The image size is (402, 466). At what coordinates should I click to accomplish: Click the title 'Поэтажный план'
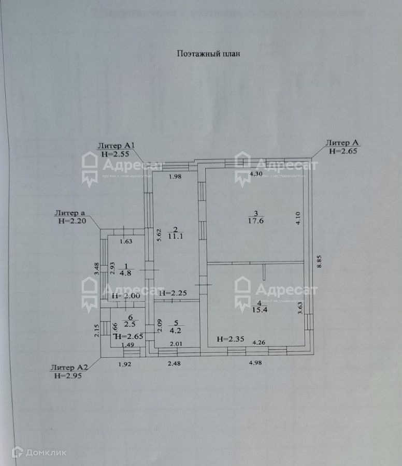209,53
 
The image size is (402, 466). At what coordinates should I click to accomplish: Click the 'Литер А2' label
69,368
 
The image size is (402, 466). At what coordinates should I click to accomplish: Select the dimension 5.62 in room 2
160,236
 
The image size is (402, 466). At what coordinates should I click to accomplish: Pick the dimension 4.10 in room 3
298,217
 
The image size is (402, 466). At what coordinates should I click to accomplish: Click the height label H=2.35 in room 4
230,339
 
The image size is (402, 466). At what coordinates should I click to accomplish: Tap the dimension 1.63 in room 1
126,240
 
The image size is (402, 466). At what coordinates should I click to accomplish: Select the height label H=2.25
173,294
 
